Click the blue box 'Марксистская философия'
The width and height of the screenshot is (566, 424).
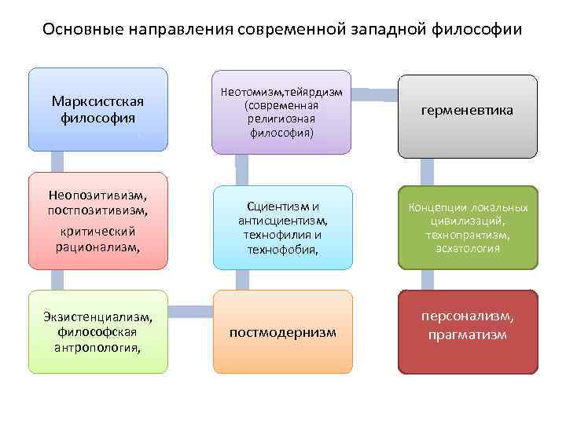point(98,109)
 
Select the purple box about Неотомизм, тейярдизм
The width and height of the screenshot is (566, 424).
point(281,110)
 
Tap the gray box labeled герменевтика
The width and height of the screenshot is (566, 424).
point(467,111)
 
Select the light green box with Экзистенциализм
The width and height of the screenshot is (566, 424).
point(98,331)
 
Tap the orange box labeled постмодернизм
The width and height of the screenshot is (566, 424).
point(282,332)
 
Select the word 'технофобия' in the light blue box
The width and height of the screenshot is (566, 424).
point(281,250)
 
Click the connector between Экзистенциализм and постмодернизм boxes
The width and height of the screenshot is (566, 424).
point(190,312)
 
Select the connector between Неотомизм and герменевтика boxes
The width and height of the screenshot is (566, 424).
point(374,95)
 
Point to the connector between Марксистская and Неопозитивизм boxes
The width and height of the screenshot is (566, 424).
point(57,161)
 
